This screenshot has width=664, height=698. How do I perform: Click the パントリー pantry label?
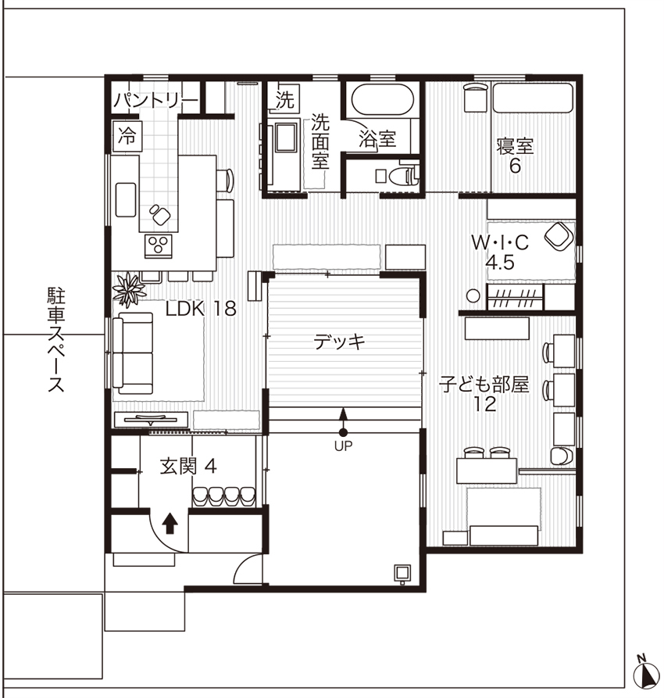point(155,100)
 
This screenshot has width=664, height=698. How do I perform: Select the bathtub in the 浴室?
point(383,100)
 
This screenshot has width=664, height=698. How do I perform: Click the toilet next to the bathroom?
point(404,176)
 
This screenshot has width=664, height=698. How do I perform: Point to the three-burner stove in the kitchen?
point(159,245)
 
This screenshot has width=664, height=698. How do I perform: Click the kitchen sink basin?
point(126,200)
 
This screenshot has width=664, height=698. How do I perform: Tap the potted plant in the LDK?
point(129,290)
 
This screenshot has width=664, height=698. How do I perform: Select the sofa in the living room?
point(133,353)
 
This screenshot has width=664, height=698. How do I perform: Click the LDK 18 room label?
point(201,309)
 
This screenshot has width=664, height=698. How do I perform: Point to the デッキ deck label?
point(340,342)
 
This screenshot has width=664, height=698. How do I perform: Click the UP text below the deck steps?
point(343,446)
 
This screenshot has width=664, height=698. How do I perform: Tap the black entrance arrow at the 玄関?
point(170,524)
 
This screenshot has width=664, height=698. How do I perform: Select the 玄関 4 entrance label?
point(188,467)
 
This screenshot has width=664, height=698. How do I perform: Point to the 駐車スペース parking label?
point(56,340)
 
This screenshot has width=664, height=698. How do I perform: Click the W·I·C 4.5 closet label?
point(500,252)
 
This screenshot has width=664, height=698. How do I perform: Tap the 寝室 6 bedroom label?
point(515,156)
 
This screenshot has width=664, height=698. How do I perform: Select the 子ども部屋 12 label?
point(484,394)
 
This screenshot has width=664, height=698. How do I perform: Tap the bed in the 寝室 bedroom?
point(533,98)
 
